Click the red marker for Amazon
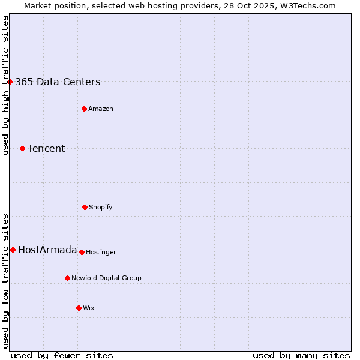[84, 109]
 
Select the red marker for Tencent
[22, 148]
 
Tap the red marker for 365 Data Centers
[10, 82]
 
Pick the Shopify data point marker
[85, 207]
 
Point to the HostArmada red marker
[13, 250]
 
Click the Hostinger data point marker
[82, 252]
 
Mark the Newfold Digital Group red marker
[67, 278]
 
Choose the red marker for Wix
[79, 308]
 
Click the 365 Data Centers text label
[58, 82]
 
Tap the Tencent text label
[46, 149]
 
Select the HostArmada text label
[47, 250]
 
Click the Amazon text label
[101, 109]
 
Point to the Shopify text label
[101, 208]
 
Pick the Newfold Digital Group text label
[106, 278]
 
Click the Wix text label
[89, 308]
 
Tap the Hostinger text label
[101, 253]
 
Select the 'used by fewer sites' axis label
[62, 355]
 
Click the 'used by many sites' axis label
[301, 355]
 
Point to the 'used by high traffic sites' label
[5, 85]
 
